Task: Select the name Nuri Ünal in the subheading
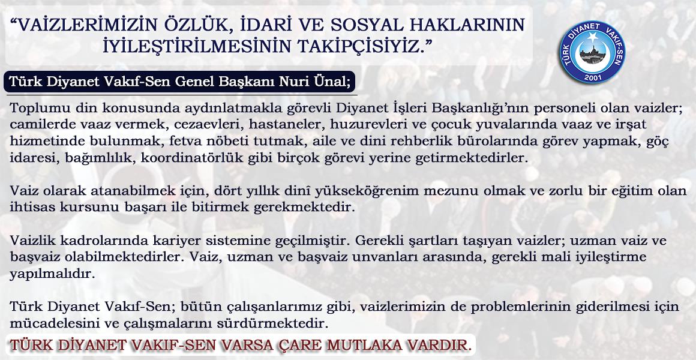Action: point(317,82)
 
